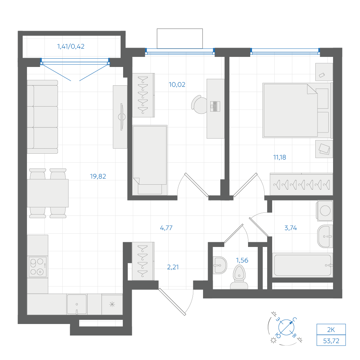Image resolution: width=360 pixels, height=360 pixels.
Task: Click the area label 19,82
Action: (98, 176)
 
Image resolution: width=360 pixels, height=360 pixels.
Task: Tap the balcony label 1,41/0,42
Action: (71, 46)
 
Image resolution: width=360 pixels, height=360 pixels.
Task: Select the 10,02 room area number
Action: (177, 85)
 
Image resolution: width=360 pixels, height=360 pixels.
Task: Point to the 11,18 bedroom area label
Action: (280, 157)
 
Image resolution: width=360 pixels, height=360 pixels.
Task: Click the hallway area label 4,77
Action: (166, 228)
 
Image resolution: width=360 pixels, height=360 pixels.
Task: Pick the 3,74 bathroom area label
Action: (291, 228)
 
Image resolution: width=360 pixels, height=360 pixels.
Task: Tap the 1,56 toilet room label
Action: (242, 260)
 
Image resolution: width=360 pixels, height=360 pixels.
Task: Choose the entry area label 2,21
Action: (173, 267)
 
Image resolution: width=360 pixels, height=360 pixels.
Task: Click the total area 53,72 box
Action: (331, 341)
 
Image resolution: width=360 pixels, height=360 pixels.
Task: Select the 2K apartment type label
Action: (331, 330)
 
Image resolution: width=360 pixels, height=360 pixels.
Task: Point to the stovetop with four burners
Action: (38, 267)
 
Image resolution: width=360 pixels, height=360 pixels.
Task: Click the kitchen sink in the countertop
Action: (77, 305)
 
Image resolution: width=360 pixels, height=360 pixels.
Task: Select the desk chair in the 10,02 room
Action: (199, 105)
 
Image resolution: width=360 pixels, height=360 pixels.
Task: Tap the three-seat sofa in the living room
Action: (42, 117)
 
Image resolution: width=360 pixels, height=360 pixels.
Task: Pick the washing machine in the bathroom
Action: (325, 211)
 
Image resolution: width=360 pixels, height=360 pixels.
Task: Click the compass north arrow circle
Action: (286, 327)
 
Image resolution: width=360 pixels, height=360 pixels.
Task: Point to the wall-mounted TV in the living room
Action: (121, 117)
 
